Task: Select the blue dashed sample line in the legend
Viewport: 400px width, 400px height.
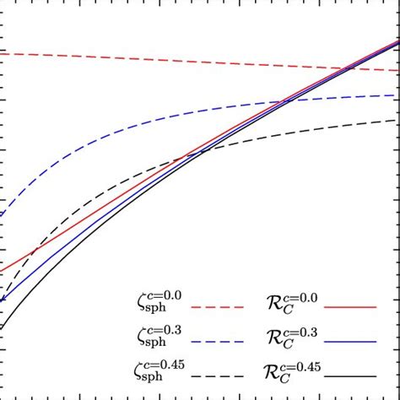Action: pos(222,341)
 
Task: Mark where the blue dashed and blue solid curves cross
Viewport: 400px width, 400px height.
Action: pos(287,101)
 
